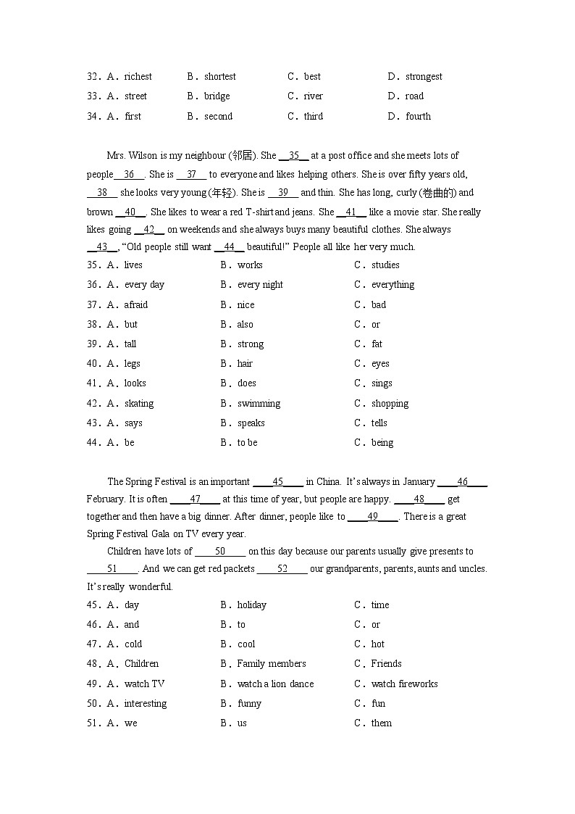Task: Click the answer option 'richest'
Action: click(138, 76)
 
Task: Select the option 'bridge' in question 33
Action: click(217, 96)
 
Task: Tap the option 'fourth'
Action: click(418, 116)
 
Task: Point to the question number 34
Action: click(93, 116)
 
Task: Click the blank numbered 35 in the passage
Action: click(293, 155)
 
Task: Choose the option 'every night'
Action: click(260, 284)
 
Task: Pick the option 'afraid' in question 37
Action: click(135, 304)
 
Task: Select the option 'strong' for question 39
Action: click(251, 344)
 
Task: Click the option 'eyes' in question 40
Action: click(380, 363)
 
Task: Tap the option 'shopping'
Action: click(390, 403)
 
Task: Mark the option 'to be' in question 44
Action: click(247, 442)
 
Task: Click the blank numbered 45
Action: click(278, 481)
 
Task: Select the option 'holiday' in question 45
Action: click(251, 605)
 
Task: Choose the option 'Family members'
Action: click(272, 663)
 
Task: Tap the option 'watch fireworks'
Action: click(404, 684)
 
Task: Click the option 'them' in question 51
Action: click(381, 723)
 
